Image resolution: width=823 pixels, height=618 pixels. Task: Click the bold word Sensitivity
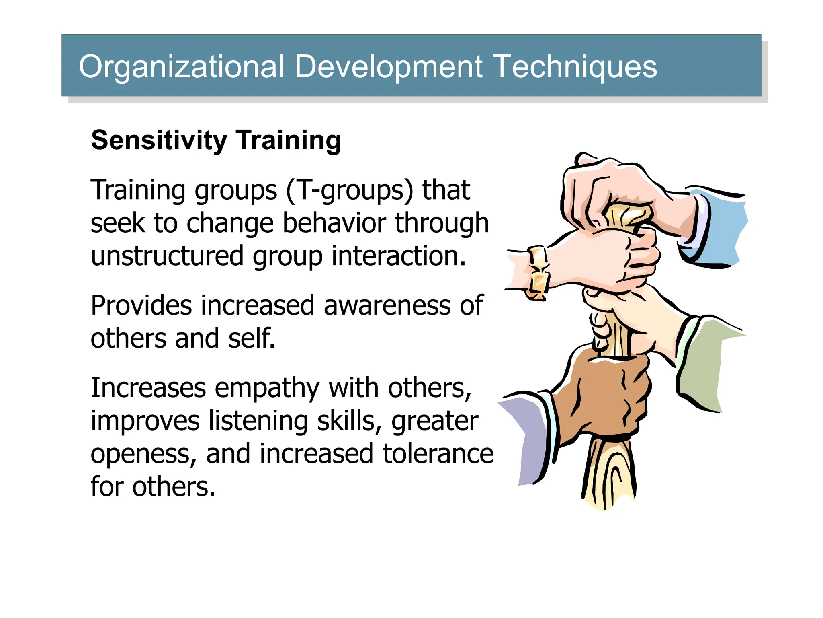click(159, 141)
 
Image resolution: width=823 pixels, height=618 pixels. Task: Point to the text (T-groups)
click(350, 190)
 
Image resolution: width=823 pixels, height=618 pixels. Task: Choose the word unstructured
click(167, 256)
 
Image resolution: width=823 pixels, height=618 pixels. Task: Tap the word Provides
click(141, 305)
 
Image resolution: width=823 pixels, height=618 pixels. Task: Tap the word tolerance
click(438, 454)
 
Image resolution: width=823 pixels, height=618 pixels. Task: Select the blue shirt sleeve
click(719, 229)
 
